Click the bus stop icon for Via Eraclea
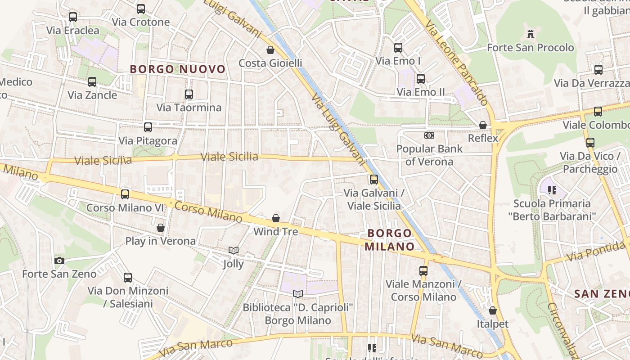click(x=72, y=17)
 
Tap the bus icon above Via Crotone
click(x=141, y=9)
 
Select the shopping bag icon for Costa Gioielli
click(x=270, y=49)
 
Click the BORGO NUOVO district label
click(x=177, y=69)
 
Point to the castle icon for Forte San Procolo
click(x=531, y=34)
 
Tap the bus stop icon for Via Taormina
click(x=189, y=94)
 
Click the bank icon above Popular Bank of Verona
click(x=429, y=135)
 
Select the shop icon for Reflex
click(x=483, y=125)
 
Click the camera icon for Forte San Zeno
click(x=59, y=261)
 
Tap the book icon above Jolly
click(x=233, y=250)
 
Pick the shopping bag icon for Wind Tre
click(x=276, y=218)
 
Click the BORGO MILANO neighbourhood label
click(x=389, y=240)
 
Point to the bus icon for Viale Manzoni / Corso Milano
click(x=423, y=271)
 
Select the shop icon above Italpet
click(x=493, y=310)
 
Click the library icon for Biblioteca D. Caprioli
click(x=297, y=294)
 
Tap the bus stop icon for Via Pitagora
click(x=148, y=127)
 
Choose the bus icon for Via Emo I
click(x=398, y=48)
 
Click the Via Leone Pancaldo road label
click(x=457, y=63)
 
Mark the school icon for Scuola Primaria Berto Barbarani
click(x=552, y=190)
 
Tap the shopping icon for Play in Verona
click(x=161, y=228)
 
